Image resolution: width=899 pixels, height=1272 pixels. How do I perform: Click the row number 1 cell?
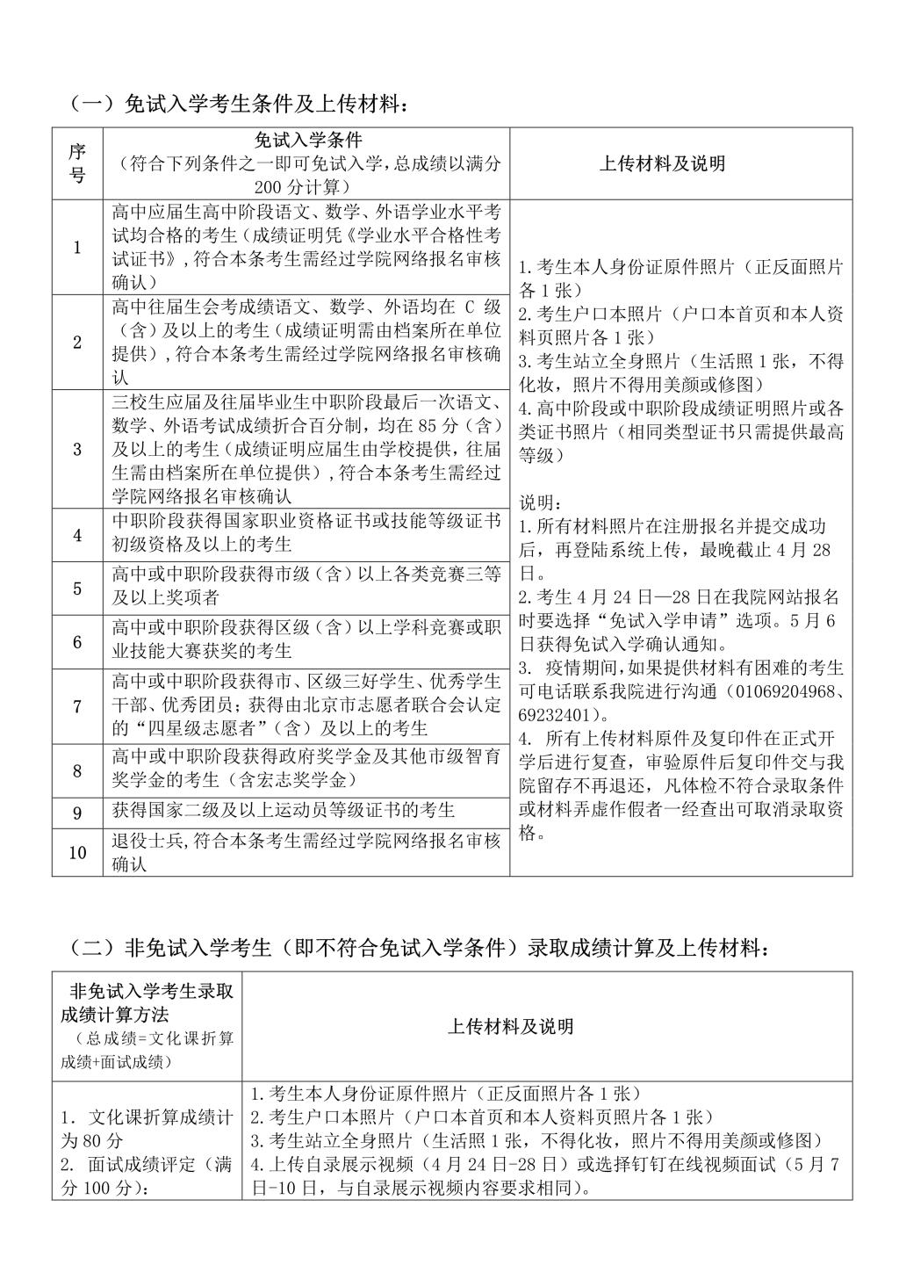[x=77, y=248]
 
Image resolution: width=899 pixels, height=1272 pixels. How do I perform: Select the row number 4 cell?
[x=77, y=535]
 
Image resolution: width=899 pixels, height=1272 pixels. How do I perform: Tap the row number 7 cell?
[x=77, y=706]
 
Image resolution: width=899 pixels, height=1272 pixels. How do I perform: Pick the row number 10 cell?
[x=77, y=852]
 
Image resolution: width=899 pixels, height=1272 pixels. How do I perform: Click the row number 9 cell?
[x=77, y=813]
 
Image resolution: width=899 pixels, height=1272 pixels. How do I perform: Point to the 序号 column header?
[x=77, y=163]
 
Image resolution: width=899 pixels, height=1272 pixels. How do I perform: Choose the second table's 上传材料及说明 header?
[x=511, y=1026]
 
